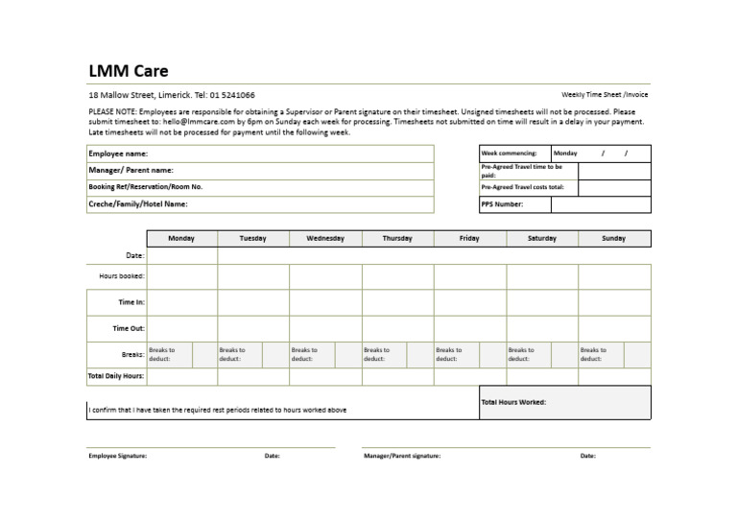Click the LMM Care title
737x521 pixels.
pyautogui.click(x=128, y=71)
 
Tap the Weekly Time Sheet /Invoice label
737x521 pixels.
pyautogui.click(x=605, y=95)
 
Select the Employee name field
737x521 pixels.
pyautogui.click(x=118, y=154)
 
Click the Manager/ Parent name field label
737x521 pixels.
pyautogui.click(x=131, y=170)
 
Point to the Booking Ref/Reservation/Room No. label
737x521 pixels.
pyautogui.click(x=145, y=186)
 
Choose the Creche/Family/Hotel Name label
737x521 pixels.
pyautogui.click(x=137, y=203)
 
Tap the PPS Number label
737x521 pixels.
pyautogui.click(x=502, y=204)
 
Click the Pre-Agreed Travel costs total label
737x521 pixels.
pyautogui.click(x=522, y=187)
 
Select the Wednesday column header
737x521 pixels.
pyautogui.click(x=325, y=238)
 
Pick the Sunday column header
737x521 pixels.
pyautogui.click(x=613, y=238)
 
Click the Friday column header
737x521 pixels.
pyautogui.click(x=469, y=238)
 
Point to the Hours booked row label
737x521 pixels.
pyautogui.click(x=122, y=276)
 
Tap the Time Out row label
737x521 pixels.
pyautogui.click(x=129, y=328)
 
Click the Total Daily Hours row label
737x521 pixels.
pyautogui.click(x=116, y=376)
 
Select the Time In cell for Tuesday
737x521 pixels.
pyautogui.click(x=253, y=302)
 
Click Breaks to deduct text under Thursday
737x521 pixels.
pyautogui.click(x=376, y=354)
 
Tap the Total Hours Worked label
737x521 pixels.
pyautogui.click(x=513, y=402)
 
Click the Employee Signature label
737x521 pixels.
pyautogui.click(x=118, y=456)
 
